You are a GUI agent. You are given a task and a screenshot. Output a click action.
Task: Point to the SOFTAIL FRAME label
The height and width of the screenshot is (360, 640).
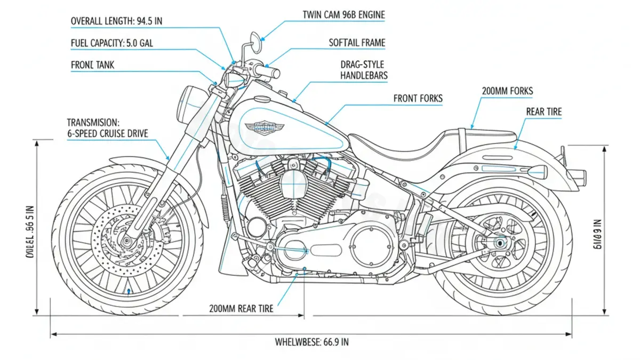(357, 43)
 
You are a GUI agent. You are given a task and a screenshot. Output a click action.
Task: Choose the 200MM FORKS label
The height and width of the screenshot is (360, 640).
(507, 91)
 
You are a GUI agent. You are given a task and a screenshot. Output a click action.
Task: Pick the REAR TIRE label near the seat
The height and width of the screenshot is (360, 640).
(543, 111)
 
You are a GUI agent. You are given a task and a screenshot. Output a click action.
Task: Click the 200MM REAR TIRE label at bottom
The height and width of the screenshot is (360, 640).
(241, 308)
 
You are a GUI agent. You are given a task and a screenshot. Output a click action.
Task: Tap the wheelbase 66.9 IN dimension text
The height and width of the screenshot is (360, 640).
(311, 342)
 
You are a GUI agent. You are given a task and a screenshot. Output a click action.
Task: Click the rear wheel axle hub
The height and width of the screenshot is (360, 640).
(500, 243)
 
